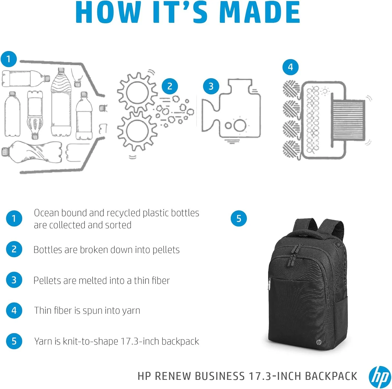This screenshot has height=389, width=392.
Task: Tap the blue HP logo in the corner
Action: click(x=380, y=377)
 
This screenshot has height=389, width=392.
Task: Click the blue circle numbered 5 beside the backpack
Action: click(x=239, y=218)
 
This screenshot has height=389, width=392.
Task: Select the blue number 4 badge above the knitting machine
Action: click(x=290, y=67)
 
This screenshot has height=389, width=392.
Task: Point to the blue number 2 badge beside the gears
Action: click(x=170, y=86)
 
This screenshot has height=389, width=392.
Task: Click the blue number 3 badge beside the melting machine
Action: click(x=211, y=86)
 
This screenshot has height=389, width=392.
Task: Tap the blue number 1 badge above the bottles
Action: click(x=9, y=59)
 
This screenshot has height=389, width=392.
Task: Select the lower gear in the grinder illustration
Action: click(x=136, y=131)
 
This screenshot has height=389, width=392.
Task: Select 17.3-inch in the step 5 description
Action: click(x=140, y=341)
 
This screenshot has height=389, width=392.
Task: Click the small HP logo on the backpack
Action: click(x=319, y=342)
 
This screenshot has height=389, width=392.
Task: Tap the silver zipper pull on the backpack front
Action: click(x=269, y=285)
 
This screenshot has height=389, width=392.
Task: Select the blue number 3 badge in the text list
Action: click(x=14, y=280)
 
